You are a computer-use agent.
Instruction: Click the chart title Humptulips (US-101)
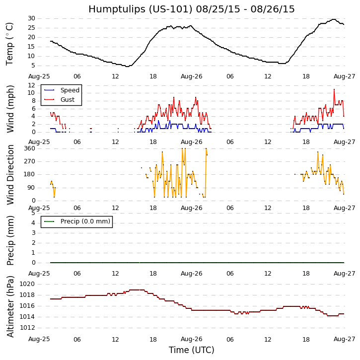[191, 9]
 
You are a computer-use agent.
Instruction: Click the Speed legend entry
[70, 90]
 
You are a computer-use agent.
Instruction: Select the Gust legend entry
[67, 100]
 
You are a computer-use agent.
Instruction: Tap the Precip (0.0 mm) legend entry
[85, 221]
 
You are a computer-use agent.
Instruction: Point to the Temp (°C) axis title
[10, 43]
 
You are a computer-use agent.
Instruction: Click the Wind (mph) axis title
[10, 108]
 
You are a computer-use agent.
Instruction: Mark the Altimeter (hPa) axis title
[10, 306]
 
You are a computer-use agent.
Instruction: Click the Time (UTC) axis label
[191, 350]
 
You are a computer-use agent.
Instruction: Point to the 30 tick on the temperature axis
[31, 18]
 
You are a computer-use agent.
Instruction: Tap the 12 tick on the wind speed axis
[31, 85]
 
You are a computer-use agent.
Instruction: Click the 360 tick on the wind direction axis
[29, 148]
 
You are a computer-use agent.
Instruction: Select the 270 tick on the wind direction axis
[29, 161]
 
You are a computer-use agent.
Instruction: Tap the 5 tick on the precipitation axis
[33, 213]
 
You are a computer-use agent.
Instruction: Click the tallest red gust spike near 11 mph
[334, 89]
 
